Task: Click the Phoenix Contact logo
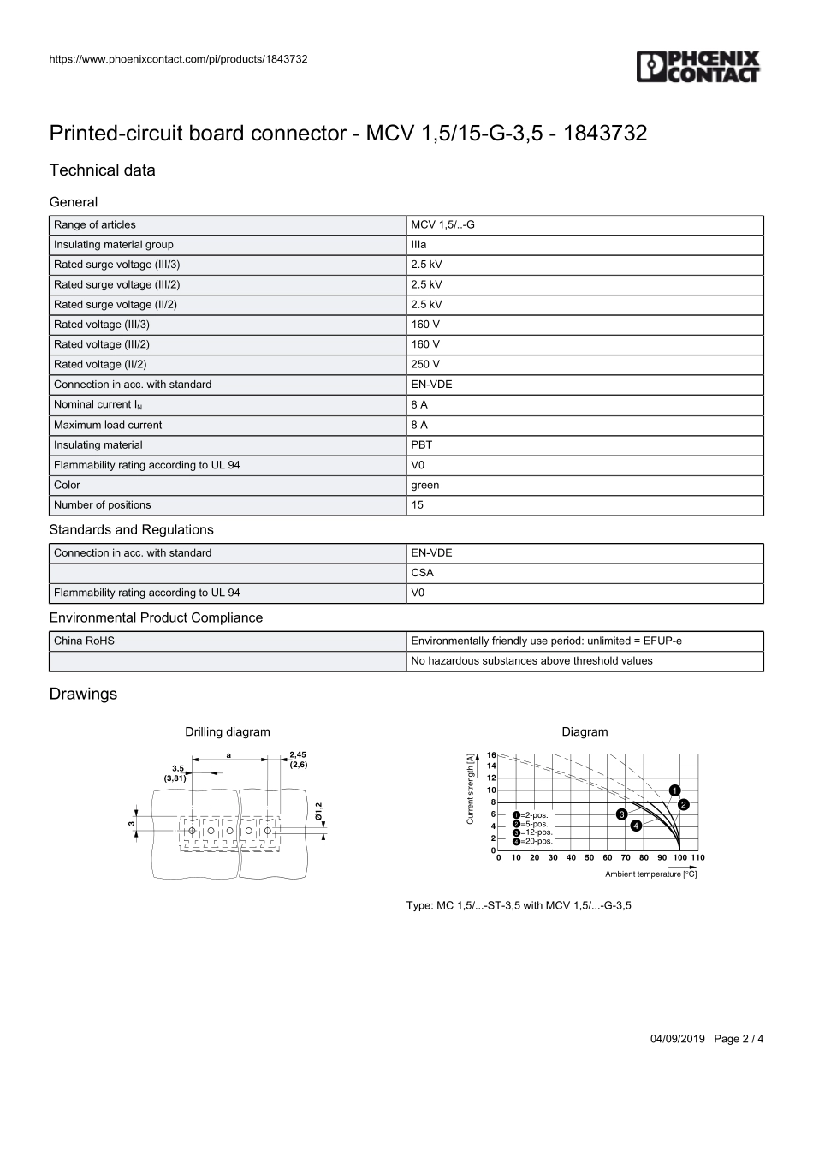pos(698,67)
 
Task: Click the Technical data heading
pos(103,170)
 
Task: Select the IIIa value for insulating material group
pos(418,245)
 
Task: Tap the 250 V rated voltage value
pos(425,364)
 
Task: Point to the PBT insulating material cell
pos(422,444)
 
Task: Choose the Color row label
pos(67,485)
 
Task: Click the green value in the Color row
pos(425,485)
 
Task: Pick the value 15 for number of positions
pos(418,505)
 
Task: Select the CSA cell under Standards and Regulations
pos(423,573)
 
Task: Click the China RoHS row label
pos(84,641)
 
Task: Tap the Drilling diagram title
pos(228,732)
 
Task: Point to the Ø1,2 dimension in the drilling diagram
pos(318,812)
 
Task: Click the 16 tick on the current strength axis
pos(491,755)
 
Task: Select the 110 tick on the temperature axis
pos(697,857)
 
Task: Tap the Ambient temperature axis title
pos(650,874)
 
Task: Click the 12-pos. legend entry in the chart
pos(533,832)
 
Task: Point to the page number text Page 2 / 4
pos(739,1039)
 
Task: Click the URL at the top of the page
pos(179,59)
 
